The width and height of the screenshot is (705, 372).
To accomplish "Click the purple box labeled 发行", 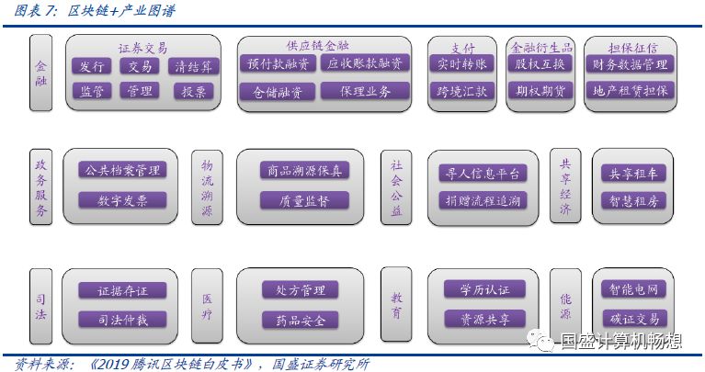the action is (91, 66).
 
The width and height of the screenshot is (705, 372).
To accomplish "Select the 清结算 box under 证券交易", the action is (193, 66).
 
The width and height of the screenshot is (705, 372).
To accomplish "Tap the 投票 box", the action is (193, 91).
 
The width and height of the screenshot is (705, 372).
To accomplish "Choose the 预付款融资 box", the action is (276, 64).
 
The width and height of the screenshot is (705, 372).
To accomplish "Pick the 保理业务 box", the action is (365, 91).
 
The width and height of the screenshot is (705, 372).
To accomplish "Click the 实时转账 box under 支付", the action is (462, 64).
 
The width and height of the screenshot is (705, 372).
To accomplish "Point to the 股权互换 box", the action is (540, 64).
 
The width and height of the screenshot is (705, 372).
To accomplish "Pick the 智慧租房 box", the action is (632, 199).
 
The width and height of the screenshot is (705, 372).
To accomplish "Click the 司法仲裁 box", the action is (121, 319).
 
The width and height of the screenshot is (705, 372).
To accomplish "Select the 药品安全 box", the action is (300, 320).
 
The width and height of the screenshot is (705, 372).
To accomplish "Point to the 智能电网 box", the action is (632, 290).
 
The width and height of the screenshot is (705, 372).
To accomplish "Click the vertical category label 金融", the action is (40, 73).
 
